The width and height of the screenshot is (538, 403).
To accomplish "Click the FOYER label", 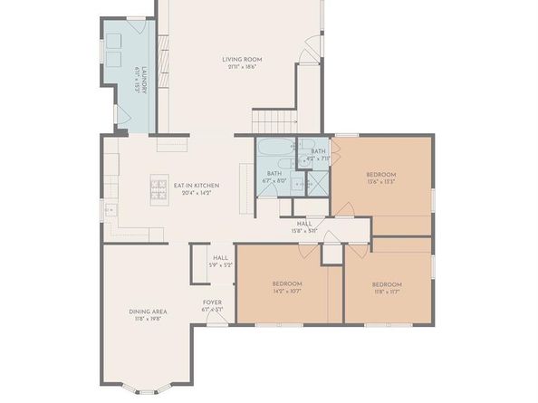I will coord(212,302).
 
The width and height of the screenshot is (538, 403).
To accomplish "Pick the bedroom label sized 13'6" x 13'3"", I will coord(381,174).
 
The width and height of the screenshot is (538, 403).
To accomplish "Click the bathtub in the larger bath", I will coord(273,149).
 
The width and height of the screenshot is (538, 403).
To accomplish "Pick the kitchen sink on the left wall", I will coord(110,211).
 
